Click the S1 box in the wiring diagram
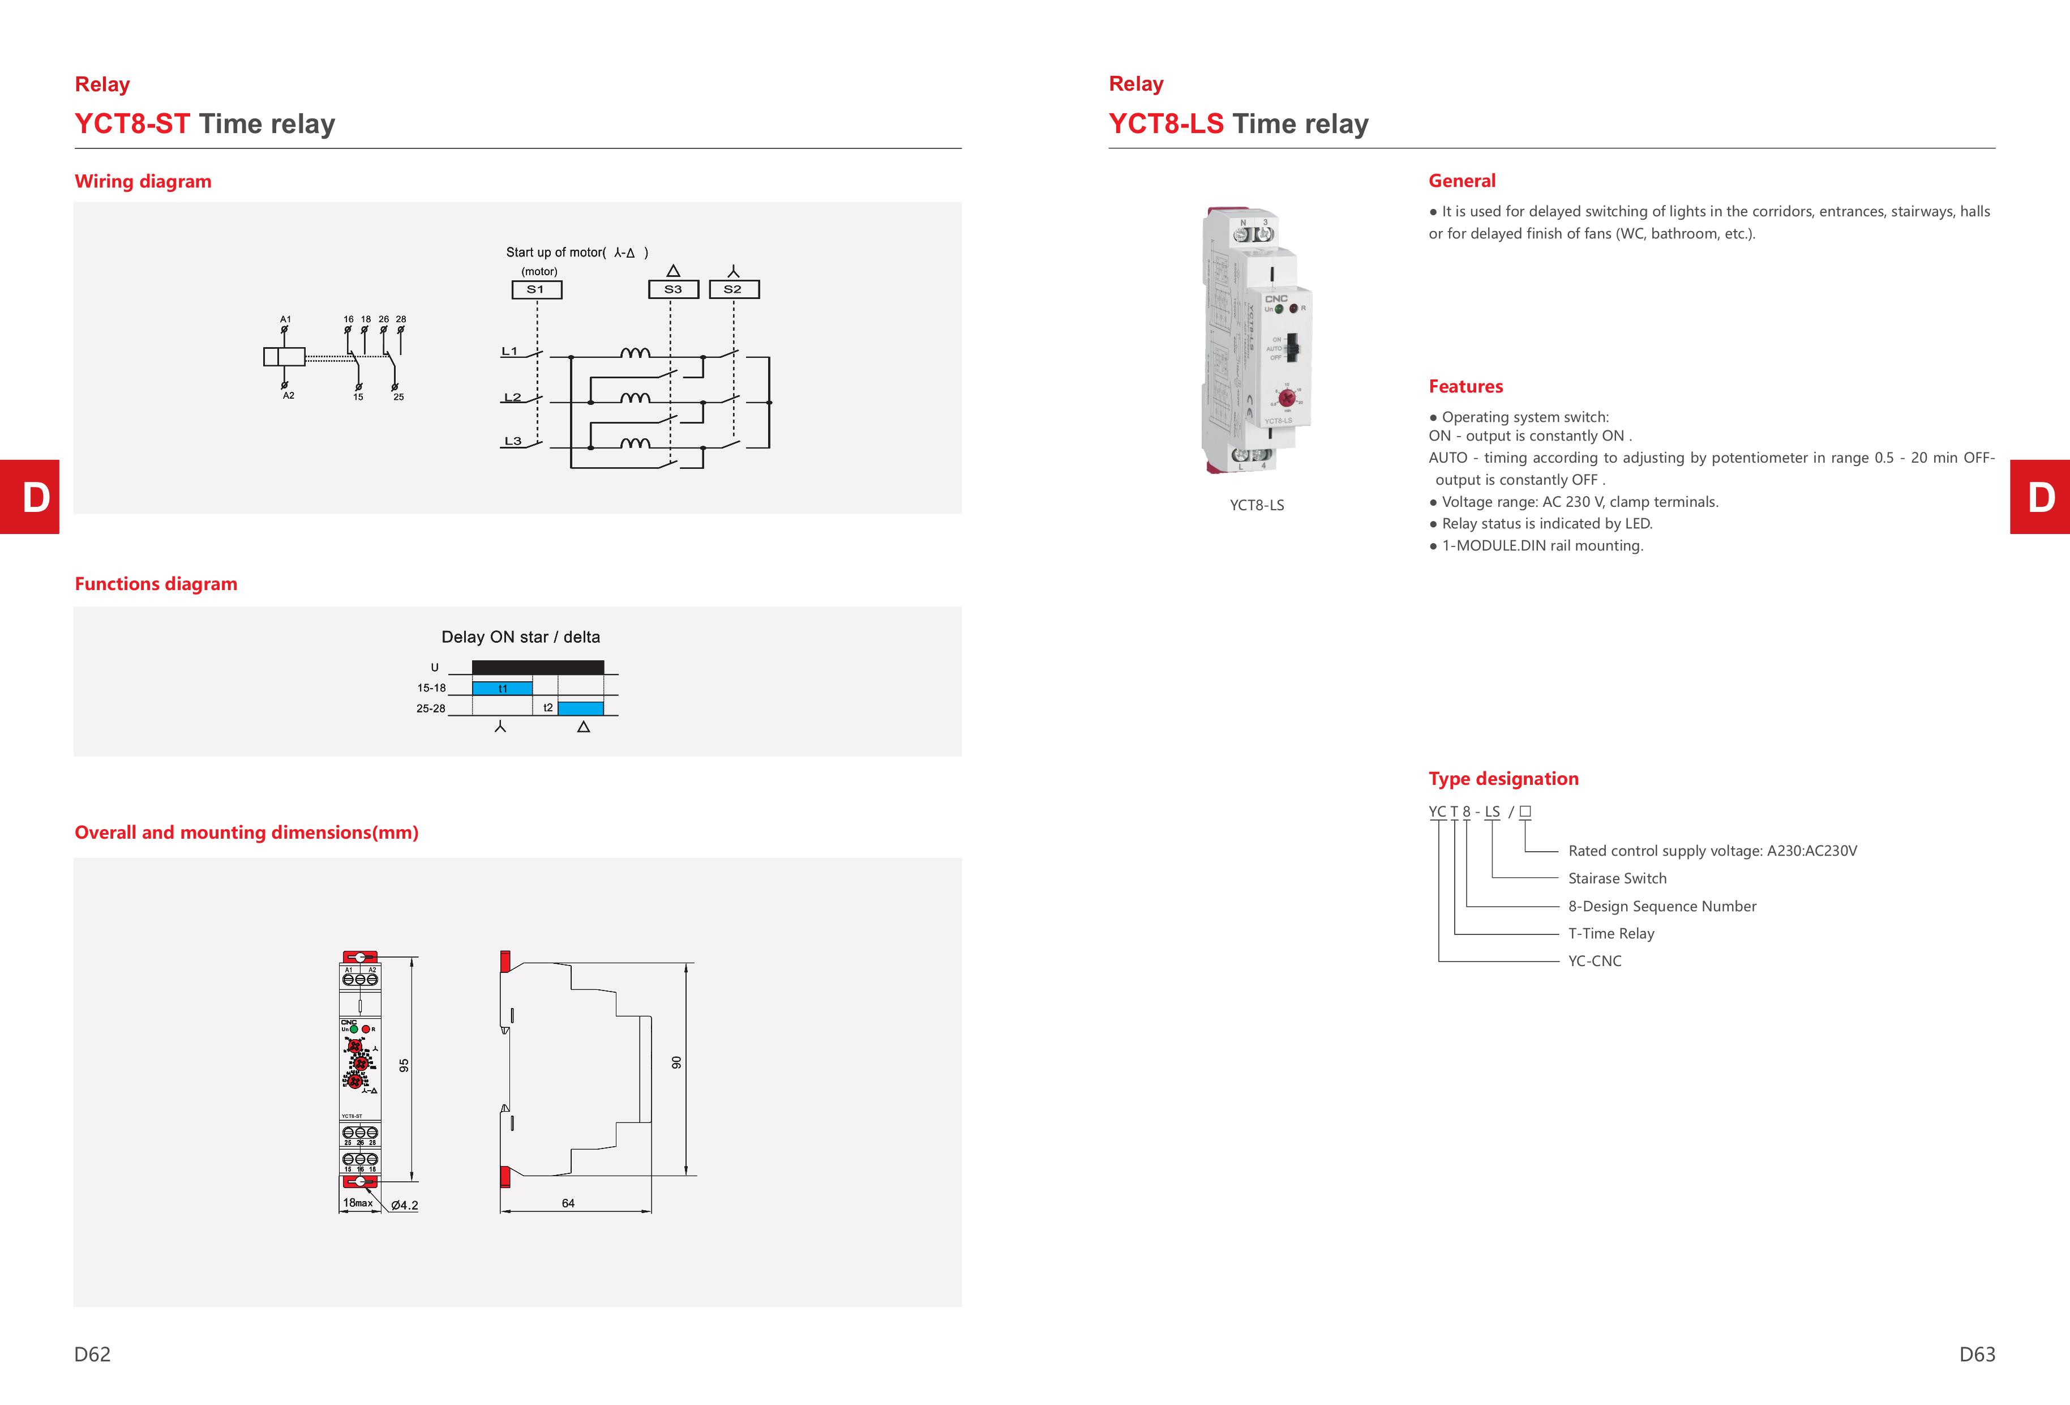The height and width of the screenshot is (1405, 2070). [x=536, y=289]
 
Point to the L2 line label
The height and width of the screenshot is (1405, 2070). [x=512, y=398]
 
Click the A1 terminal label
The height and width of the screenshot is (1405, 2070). [x=285, y=319]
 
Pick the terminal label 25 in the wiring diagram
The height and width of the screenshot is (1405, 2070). [x=398, y=398]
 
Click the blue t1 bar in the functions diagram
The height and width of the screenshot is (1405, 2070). [x=502, y=689]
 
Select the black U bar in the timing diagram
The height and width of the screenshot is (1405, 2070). [x=538, y=667]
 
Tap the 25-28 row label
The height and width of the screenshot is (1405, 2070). [x=430, y=709]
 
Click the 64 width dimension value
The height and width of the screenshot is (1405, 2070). [x=568, y=1203]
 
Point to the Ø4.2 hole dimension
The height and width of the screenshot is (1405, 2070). [x=404, y=1206]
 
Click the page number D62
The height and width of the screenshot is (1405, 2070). [x=93, y=1354]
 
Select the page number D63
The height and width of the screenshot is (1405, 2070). [x=1977, y=1354]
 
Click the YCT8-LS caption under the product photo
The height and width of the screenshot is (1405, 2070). [x=1257, y=505]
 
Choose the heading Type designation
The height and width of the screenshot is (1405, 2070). [x=1503, y=779]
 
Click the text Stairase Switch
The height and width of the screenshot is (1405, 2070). [x=1617, y=878]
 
